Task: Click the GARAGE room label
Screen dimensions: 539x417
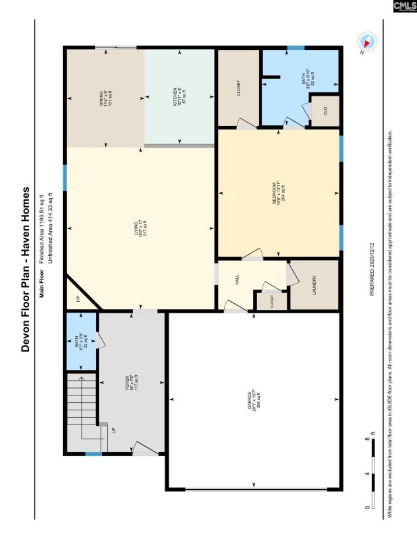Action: click(252, 402)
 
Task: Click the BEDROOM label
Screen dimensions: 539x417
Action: click(277, 193)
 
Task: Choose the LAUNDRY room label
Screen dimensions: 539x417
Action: click(314, 284)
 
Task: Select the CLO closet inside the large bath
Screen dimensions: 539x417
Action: click(325, 112)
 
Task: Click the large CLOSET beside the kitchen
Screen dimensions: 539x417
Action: click(238, 88)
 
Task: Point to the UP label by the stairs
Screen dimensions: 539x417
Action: click(113, 429)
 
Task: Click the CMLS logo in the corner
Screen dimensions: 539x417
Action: click(404, 6)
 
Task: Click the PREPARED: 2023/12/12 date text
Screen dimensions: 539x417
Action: click(371, 269)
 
